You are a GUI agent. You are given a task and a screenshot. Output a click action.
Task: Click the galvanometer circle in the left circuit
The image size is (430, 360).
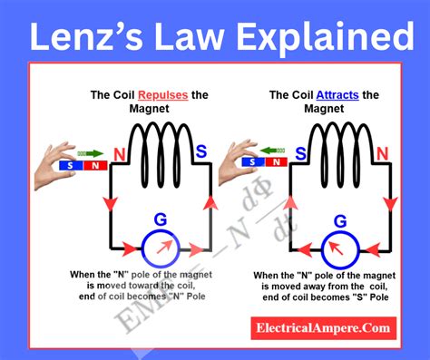point(161,246)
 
